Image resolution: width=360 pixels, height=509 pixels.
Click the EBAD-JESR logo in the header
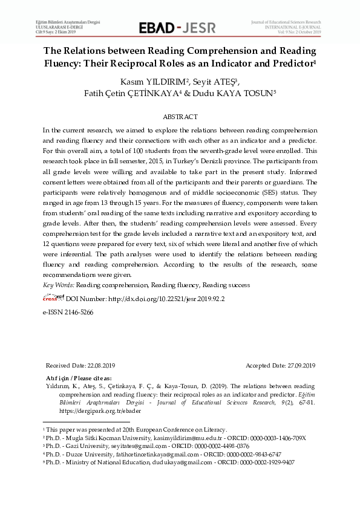(x=179, y=27)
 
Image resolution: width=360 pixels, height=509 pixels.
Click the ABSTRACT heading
(x=180, y=116)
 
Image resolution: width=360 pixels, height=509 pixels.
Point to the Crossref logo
(x=53, y=298)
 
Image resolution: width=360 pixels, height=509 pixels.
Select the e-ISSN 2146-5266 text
(x=68, y=313)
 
